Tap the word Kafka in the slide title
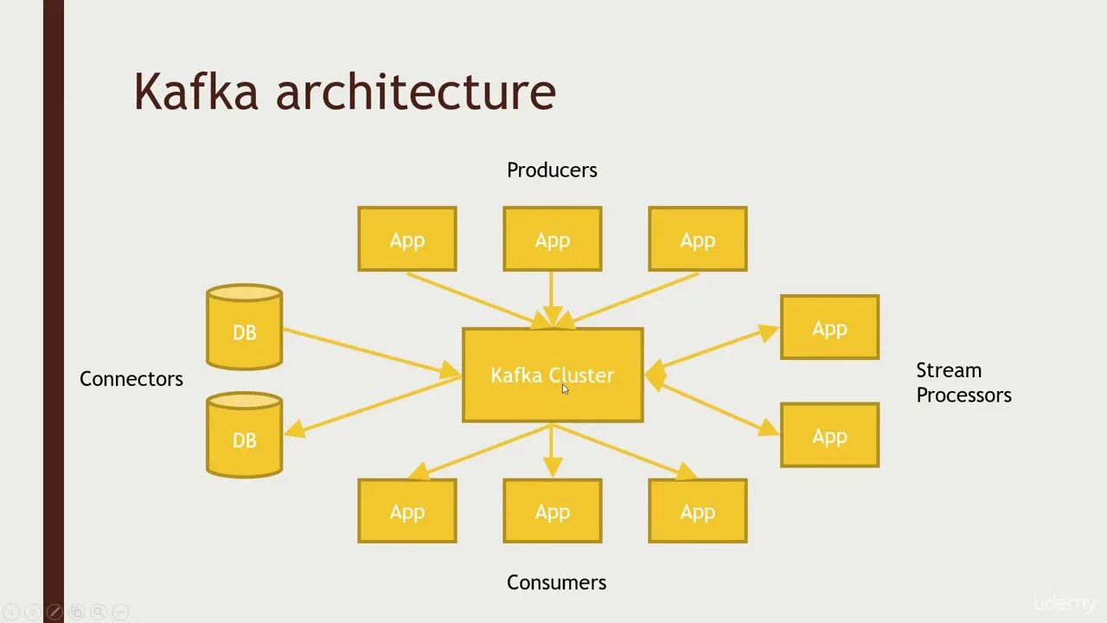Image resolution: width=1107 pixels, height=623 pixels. point(196,91)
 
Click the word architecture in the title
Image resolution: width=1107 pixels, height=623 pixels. point(415,91)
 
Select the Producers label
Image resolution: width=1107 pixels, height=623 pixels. point(552,170)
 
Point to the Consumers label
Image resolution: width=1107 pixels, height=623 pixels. point(556,582)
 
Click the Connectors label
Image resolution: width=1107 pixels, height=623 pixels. point(131,379)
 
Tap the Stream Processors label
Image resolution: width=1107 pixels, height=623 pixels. point(963,382)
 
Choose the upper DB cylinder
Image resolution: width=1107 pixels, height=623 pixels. point(244,328)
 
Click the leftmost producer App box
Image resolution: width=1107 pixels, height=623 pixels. point(406,239)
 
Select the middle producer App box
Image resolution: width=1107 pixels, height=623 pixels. point(552,239)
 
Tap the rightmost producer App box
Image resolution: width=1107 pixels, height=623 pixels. point(697,239)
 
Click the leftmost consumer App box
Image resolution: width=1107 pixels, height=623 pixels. point(406,511)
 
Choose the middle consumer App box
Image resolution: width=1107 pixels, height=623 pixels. point(552,511)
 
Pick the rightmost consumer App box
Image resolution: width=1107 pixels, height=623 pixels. point(697,511)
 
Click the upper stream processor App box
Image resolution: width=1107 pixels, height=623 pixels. point(829,327)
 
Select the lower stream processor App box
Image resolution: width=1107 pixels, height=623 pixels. point(829,435)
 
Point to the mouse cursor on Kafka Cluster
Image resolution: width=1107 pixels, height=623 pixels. point(565,389)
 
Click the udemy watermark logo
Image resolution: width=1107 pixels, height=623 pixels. point(1064,603)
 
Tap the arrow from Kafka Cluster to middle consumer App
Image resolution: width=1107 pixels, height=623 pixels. point(552,450)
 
